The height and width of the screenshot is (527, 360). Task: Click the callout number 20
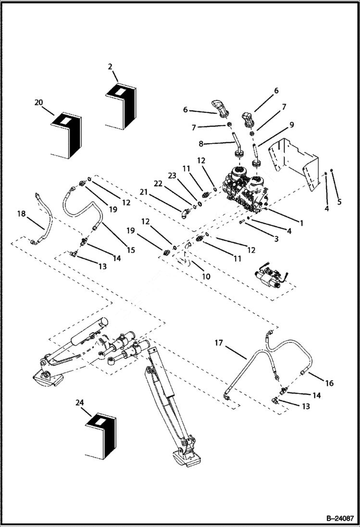coord(39,102)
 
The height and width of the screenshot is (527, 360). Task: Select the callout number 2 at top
coord(110,66)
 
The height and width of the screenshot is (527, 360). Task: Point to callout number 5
coord(339,202)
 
